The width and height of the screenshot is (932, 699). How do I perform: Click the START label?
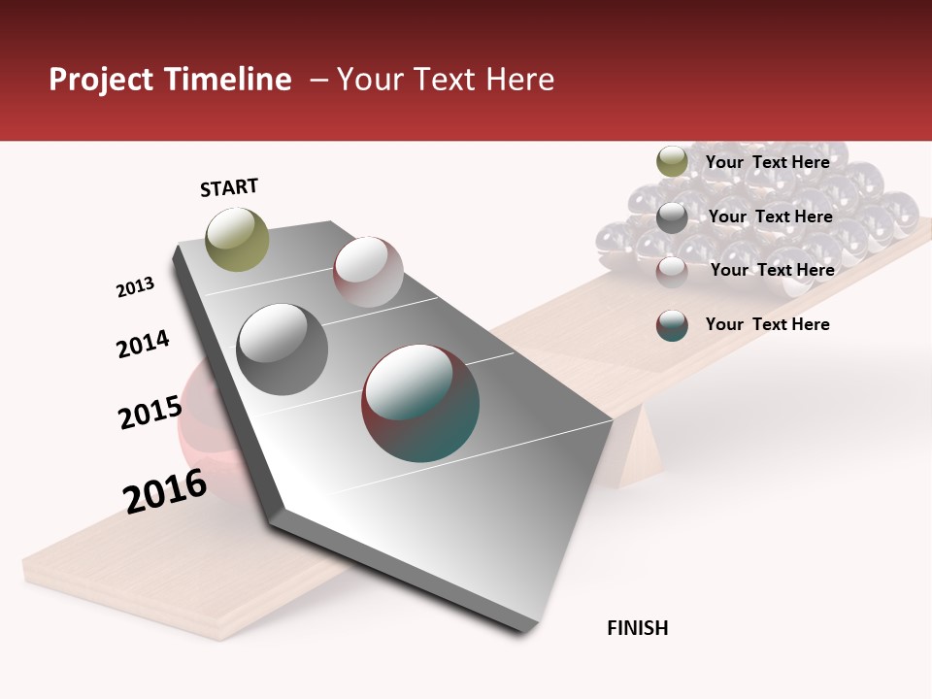[x=229, y=187]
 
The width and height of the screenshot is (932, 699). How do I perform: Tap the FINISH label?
[x=637, y=628]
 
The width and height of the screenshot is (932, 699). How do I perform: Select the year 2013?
[x=135, y=287]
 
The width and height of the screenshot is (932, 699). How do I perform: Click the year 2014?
[x=143, y=344]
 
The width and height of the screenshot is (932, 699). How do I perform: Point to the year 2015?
[x=150, y=413]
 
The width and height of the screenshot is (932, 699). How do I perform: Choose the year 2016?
[x=165, y=491]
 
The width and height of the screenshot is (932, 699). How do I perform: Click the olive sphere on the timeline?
[x=237, y=239]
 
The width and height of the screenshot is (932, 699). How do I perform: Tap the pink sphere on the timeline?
[x=368, y=271]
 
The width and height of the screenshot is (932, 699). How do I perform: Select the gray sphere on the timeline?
[x=282, y=349]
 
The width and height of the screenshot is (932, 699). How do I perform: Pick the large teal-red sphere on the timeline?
[x=420, y=403]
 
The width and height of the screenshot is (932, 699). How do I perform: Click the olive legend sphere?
[x=672, y=162]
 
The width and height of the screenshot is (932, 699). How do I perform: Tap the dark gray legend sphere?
[x=672, y=217]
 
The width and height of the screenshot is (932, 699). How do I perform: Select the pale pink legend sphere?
[x=672, y=271]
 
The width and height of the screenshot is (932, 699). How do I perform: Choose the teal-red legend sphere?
[x=672, y=325]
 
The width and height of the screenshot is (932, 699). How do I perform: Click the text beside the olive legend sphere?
[x=767, y=162]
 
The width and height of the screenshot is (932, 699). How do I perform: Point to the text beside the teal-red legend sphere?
[x=767, y=324]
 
